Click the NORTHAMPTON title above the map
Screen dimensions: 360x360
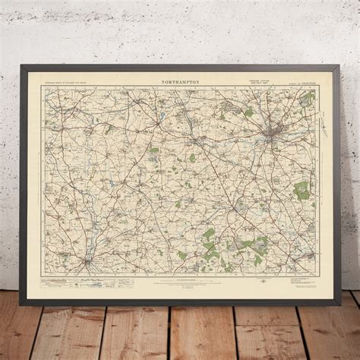coord(181,78)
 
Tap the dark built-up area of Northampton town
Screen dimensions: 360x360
coord(271,137)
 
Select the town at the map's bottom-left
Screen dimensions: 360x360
coord(90,262)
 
